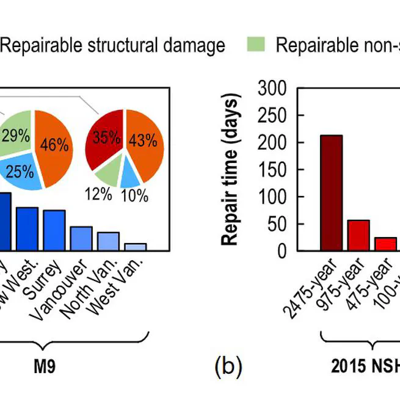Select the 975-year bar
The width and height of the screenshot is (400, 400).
(358, 235)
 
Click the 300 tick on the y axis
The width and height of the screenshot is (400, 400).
(273, 89)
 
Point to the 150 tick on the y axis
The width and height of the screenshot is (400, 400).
(273, 170)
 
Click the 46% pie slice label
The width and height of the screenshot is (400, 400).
(54, 144)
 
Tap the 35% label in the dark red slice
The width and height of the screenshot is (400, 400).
(107, 140)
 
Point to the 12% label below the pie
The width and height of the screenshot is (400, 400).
(98, 194)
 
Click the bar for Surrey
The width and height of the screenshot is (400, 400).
(54, 230)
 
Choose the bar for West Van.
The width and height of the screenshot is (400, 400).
(136, 247)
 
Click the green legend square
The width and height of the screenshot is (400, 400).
(256, 45)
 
